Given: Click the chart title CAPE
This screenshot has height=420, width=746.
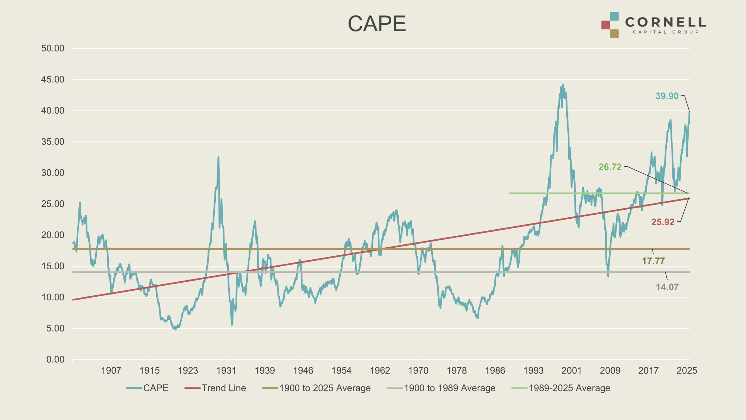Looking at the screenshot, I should (x=377, y=24).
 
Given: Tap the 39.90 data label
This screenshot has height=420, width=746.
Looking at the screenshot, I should (x=667, y=96).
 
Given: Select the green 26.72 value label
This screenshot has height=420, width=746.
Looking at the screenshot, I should (x=610, y=167).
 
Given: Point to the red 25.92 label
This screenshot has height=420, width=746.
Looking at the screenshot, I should (x=663, y=222).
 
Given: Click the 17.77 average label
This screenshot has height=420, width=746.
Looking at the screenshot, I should (x=653, y=261).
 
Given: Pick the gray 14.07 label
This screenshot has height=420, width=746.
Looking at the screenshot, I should (x=667, y=287).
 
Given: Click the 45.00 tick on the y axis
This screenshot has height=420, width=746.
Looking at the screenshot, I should (x=53, y=79).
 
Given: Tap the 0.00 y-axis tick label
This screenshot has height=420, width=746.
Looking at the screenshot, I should (x=55, y=359).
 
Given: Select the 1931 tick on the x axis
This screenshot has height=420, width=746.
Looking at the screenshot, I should (x=226, y=370).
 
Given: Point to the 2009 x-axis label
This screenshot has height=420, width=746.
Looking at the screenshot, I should (x=610, y=370).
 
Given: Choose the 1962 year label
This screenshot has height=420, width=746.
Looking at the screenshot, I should (x=380, y=370).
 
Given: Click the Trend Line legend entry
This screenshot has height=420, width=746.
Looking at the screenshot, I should (x=224, y=388).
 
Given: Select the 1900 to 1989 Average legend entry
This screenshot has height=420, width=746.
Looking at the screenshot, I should (x=449, y=388).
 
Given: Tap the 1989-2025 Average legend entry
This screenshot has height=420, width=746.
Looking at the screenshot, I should (x=569, y=388).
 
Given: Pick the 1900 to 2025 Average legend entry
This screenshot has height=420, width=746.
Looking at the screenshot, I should (x=325, y=388).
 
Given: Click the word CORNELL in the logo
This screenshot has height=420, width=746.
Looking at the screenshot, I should (x=665, y=22).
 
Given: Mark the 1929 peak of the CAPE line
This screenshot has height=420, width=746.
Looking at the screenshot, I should (x=218, y=157).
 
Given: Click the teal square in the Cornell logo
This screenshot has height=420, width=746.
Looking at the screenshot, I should (x=614, y=16).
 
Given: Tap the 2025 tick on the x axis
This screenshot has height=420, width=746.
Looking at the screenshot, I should (x=687, y=370).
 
